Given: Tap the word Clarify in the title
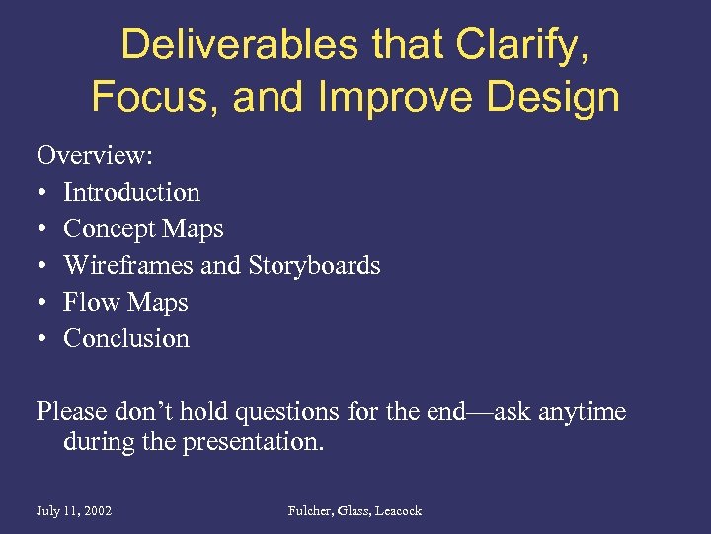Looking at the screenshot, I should pyautogui.click(x=520, y=45).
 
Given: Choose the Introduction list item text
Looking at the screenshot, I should pyautogui.click(x=131, y=192).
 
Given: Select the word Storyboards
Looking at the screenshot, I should pyautogui.click(x=314, y=265).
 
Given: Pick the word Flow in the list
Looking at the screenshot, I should pyautogui.click(x=84, y=302).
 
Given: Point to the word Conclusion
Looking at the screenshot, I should pyautogui.click(x=126, y=338).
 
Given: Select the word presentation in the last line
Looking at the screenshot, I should pyautogui.click(x=252, y=441).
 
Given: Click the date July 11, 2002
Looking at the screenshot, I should pyautogui.click(x=74, y=510).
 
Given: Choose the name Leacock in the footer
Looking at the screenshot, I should pyautogui.click(x=397, y=510).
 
